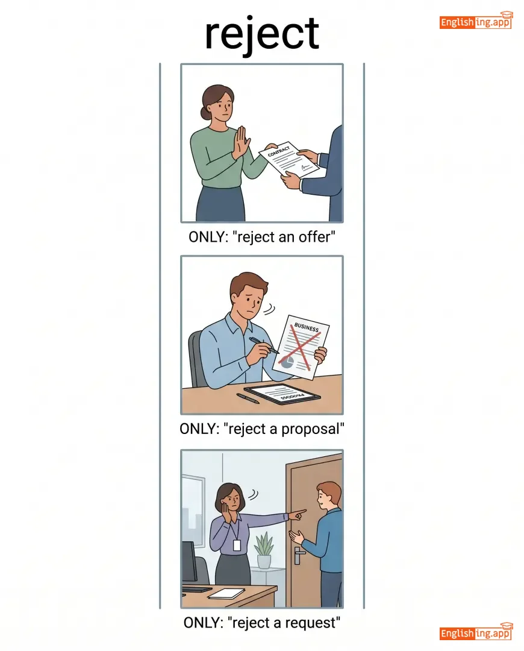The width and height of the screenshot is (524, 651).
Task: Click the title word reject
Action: [262, 34]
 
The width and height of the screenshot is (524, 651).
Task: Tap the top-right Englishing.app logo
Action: [476, 20]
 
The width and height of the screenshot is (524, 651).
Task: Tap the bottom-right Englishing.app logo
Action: [476, 632]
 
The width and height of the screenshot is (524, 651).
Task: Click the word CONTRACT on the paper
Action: [279, 151]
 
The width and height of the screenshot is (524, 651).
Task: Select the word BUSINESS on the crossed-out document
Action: [307, 328]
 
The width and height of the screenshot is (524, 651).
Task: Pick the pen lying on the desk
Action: [248, 398]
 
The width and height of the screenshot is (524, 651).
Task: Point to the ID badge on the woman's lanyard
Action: [237, 545]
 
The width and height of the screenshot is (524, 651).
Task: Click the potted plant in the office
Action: [264, 550]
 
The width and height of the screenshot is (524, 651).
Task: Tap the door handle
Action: [298, 556]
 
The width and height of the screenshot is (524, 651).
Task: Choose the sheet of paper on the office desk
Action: [226, 594]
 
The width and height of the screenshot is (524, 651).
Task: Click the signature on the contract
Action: [305, 167]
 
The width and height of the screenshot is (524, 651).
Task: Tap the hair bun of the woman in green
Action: [204, 113]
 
